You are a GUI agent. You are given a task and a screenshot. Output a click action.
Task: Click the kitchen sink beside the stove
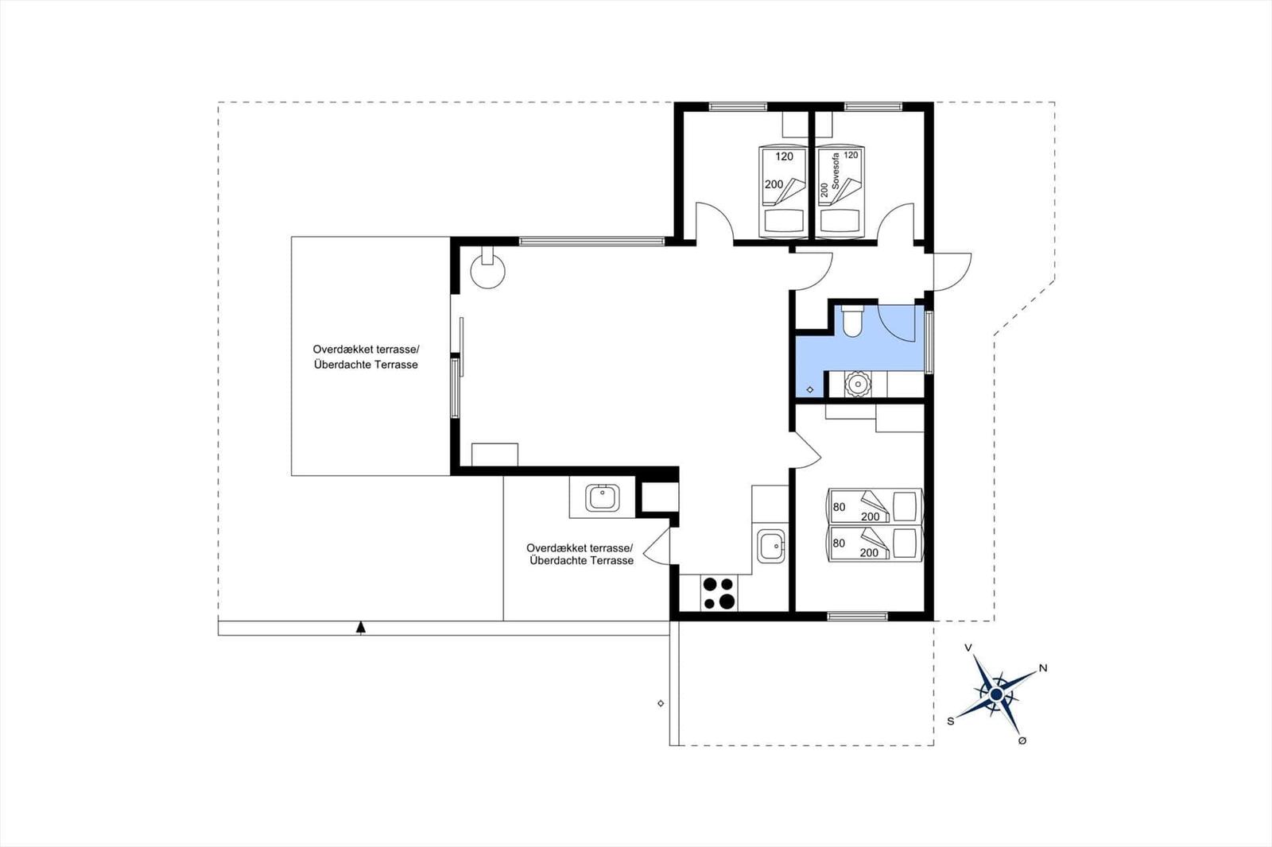[x=770, y=546]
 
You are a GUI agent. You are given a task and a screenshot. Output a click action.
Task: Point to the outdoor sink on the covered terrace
[x=602, y=498]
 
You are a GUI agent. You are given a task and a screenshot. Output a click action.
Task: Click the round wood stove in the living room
[x=487, y=271]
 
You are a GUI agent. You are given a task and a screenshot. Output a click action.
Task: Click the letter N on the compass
[x=1043, y=668]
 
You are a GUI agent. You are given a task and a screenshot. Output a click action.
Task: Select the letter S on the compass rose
[x=950, y=721]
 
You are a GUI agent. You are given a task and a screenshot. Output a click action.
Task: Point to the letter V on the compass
[x=968, y=648]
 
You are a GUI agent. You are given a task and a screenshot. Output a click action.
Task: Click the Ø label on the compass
[x=1022, y=741]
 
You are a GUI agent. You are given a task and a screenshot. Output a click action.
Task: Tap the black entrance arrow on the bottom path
[x=361, y=628]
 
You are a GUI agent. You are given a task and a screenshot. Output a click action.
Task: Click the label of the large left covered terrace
[x=366, y=357]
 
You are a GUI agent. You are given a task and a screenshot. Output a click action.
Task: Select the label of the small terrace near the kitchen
[x=580, y=554]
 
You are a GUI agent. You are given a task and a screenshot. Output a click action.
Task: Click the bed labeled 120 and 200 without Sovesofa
[x=782, y=191]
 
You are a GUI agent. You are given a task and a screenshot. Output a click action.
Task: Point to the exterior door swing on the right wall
[x=952, y=272]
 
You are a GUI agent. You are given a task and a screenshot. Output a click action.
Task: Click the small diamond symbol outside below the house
[x=661, y=703]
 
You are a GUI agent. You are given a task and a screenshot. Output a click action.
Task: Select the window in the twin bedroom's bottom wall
[x=857, y=617]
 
